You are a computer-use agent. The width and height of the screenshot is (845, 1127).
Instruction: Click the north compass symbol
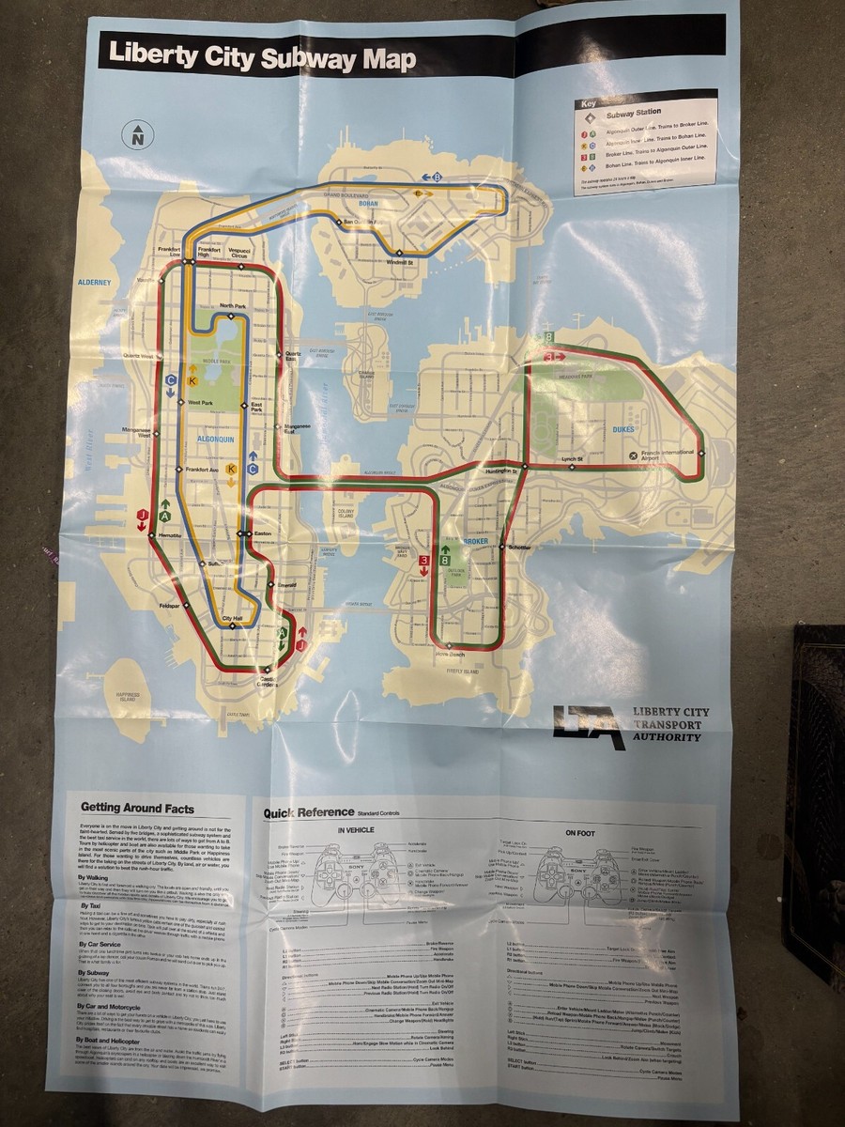138,134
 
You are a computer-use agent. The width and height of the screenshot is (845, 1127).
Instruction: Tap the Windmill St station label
400,263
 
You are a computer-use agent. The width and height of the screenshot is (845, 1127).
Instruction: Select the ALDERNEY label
94,282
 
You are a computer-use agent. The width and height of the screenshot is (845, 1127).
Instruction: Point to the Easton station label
262,533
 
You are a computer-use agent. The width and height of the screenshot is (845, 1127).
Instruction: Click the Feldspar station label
169,606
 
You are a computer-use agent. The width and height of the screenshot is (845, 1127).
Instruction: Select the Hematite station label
170,534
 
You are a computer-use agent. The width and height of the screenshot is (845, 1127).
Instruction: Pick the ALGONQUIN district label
215,439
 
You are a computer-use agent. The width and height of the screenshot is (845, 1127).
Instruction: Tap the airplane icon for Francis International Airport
634,455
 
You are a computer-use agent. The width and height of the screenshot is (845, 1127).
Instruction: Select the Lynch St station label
573,458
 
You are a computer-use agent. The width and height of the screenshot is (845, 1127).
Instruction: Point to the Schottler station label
519,548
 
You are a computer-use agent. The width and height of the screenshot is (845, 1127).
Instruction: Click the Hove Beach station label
451,655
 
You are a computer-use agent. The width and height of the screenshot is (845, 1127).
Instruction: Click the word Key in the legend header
589,104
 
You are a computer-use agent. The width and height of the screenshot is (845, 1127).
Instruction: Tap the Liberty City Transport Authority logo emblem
588,727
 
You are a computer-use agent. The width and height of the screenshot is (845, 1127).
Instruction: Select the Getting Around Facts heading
137,807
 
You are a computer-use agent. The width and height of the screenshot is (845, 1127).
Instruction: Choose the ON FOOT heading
581,832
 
